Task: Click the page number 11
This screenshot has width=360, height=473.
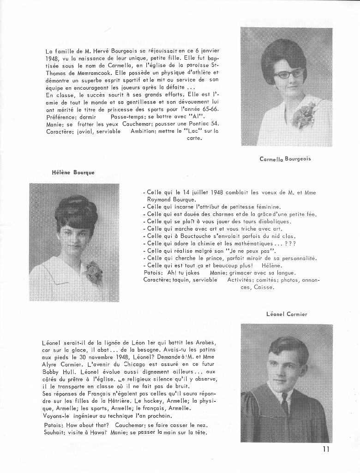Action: (x=326, y=449)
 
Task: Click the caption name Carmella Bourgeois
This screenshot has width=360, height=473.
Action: (x=285, y=159)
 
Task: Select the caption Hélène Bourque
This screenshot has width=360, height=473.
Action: (x=73, y=173)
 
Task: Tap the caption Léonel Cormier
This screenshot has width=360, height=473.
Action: (x=286, y=314)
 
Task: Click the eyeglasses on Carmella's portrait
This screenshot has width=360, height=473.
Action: (x=288, y=73)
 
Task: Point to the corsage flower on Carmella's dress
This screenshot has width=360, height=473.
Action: (x=304, y=115)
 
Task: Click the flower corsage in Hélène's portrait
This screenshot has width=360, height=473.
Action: (x=93, y=272)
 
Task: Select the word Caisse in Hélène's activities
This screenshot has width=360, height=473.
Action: (x=264, y=287)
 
